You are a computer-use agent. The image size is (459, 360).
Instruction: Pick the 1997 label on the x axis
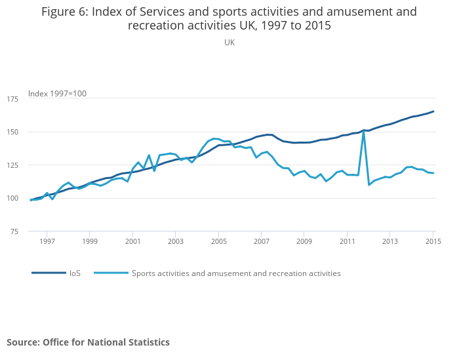(47, 242)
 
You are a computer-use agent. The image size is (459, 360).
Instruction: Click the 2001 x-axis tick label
(132, 242)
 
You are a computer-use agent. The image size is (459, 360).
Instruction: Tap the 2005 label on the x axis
(218, 242)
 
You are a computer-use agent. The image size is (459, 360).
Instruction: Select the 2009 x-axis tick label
(304, 242)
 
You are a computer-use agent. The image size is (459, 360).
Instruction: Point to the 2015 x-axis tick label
(433, 242)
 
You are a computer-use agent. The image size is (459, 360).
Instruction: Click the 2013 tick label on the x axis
(389, 242)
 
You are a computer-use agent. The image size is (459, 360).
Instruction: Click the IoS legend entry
(75, 273)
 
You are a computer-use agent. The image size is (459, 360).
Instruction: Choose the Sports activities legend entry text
(236, 273)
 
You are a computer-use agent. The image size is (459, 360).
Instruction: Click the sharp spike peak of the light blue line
(363, 130)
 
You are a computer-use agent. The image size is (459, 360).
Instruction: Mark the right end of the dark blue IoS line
(433, 111)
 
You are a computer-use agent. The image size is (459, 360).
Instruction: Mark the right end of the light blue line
(433, 173)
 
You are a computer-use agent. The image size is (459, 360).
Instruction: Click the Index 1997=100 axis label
(57, 94)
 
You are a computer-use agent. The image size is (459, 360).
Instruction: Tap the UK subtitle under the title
(229, 43)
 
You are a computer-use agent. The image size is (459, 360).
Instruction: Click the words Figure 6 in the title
(68, 12)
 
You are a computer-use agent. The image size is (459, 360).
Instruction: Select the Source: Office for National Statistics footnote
(88, 342)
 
